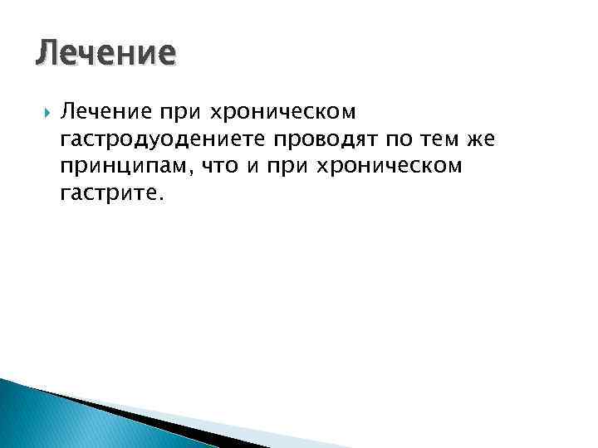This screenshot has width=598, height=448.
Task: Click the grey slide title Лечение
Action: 106,54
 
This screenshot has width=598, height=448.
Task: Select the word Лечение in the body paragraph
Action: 100,111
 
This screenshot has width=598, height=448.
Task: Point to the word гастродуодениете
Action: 154,139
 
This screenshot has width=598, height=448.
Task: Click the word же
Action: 469,139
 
